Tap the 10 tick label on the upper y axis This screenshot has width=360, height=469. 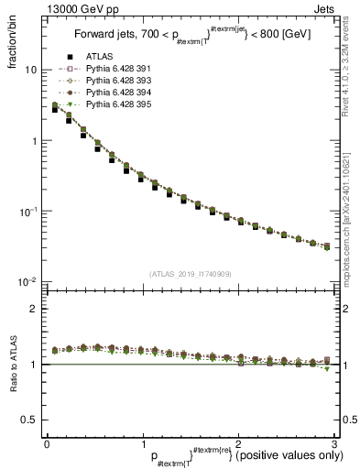(30, 71)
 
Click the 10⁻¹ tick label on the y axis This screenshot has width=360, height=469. (27, 212)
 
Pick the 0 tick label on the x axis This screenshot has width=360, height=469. (46, 443)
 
